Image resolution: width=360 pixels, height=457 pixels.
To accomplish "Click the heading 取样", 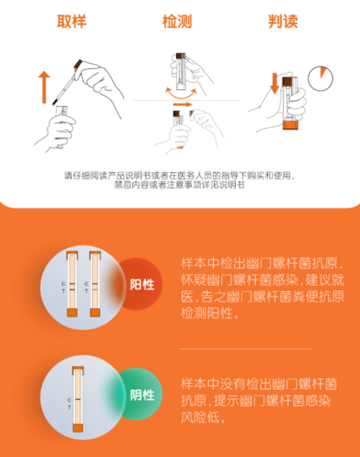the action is coord(71,21).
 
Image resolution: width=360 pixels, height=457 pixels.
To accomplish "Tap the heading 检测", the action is coord(177,21).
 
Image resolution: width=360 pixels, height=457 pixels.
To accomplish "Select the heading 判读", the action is coord(283,21).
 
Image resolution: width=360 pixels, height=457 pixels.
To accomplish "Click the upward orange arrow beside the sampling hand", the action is coord(44,87).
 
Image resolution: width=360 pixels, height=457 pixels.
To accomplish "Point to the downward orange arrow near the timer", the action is coord(274,84).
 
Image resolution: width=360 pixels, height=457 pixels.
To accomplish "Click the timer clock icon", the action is coord(320,78).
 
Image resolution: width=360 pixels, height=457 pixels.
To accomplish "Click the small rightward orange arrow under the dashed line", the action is coord(183,105).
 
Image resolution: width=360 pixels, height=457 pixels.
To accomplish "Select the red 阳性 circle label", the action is coord(141,284).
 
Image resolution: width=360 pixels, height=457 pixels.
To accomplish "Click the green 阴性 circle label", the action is coord(142,394).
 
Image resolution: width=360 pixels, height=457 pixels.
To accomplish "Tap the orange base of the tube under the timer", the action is coord(291,125).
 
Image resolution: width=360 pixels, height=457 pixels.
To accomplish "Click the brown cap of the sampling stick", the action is coord(78,64).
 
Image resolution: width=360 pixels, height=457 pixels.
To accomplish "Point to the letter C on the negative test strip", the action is coord(69,400).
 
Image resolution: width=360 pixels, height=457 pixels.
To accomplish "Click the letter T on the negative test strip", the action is coord(69,407).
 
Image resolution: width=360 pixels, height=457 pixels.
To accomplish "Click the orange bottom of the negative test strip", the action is coord(78,428).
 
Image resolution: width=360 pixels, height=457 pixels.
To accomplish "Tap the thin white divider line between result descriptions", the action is coord(246,349).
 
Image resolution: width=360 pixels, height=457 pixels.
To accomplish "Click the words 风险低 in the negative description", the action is coord(200,418).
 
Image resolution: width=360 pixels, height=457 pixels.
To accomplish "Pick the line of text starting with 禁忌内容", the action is coord(180,185).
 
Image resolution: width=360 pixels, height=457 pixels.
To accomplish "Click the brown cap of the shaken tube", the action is coord(180,55).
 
